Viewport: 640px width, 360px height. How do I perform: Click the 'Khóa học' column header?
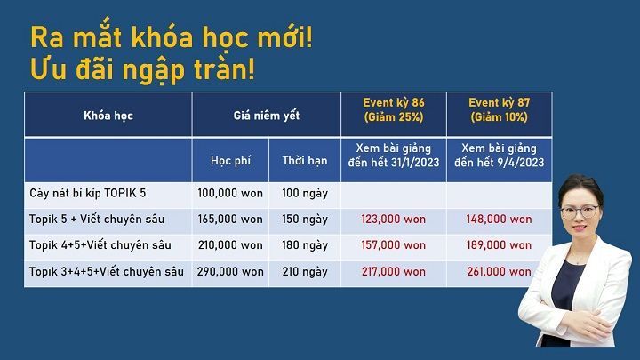point(108,116)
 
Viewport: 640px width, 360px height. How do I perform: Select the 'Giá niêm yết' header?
point(267,116)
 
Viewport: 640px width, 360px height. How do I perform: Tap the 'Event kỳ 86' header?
point(394,102)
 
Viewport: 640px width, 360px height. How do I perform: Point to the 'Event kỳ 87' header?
point(500,102)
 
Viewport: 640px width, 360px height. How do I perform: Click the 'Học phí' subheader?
point(230,161)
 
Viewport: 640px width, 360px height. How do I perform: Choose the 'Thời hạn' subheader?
point(305,161)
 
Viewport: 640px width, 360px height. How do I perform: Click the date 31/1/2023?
point(415,163)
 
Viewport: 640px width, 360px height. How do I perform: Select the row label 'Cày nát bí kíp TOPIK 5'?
point(87,193)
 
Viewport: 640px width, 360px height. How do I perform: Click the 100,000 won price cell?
point(230,193)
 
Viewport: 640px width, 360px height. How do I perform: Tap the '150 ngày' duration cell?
point(305,220)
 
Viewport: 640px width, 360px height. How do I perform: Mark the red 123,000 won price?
point(394,220)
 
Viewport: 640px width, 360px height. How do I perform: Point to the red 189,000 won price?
point(500,245)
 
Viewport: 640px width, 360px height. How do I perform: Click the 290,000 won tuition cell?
point(230,271)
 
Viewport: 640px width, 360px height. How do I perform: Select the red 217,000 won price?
point(394,271)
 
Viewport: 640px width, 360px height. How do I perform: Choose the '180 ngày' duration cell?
point(305,245)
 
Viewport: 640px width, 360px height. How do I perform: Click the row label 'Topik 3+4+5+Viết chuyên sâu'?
point(106,271)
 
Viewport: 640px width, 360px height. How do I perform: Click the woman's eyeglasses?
point(580,212)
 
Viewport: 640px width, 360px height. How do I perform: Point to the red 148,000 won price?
point(500,220)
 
